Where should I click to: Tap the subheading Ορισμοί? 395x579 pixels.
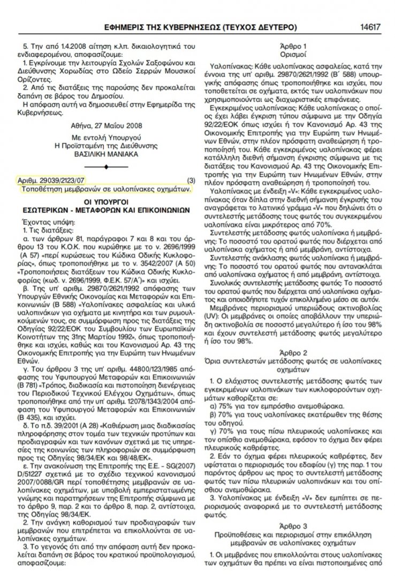pyautogui.click(x=293, y=54)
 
